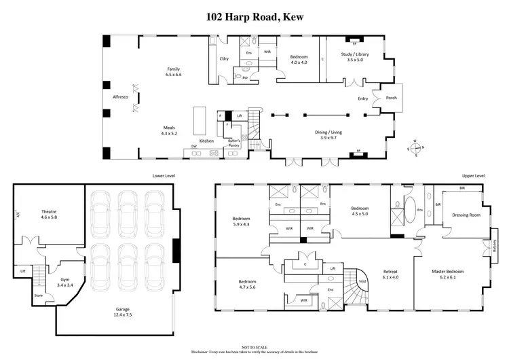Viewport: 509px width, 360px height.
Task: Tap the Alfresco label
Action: point(121,97)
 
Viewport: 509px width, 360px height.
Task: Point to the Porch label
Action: point(392,97)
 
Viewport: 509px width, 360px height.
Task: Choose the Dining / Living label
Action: point(330,134)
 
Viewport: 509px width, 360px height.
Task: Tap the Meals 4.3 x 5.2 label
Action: point(170,130)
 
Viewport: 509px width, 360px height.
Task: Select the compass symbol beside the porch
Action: point(416,147)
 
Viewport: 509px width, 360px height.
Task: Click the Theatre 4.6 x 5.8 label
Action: point(49,213)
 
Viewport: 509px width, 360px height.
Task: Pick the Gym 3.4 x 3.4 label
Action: point(66,281)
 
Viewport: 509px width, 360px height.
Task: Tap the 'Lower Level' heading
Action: point(164,175)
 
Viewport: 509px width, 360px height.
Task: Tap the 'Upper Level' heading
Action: point(474,175)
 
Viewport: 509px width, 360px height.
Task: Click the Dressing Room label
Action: point(465,215)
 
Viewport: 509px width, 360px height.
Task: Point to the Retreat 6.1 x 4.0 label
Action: point(392,274)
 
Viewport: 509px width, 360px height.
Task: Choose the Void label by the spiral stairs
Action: point(362,282)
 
